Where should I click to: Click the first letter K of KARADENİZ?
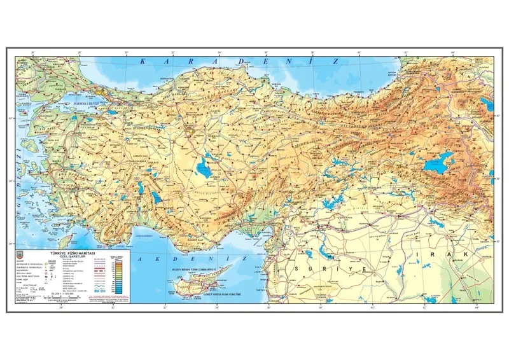coord(143,62)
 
